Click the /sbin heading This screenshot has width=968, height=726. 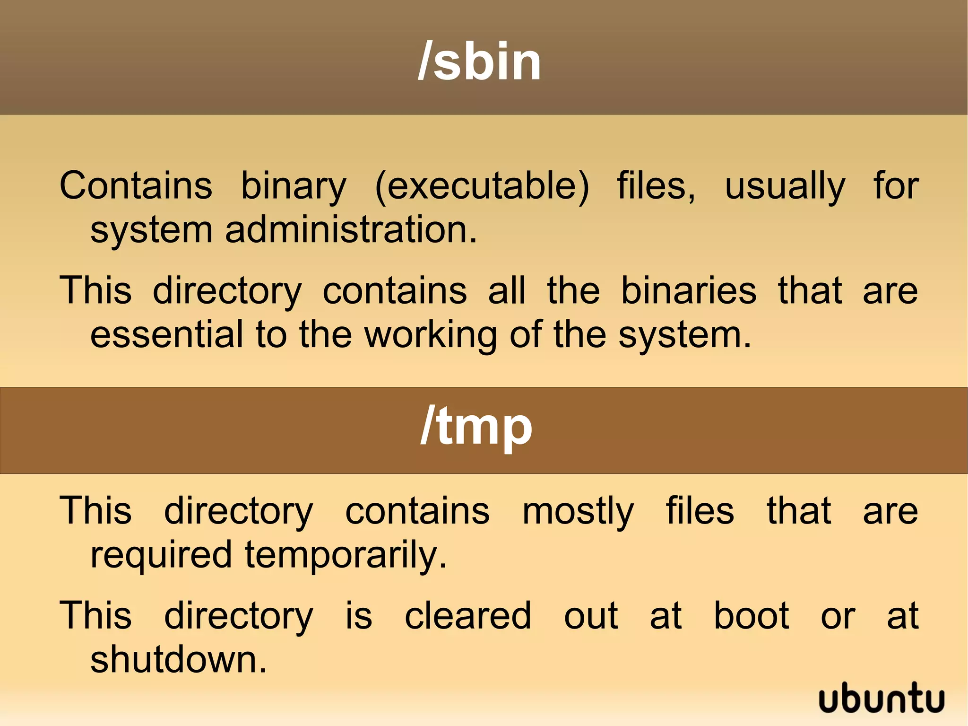coord(479,61)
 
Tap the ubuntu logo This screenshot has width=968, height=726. coord(881,698)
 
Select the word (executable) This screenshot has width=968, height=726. coord(482,185)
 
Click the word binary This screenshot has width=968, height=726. coord(294,186)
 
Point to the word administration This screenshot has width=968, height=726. coord(351,230)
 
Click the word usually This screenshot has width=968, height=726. coord(785,186)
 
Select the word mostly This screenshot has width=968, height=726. coord(578,512)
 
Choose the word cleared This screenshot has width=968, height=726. coord(468,615)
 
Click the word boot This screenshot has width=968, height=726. coord(751,615)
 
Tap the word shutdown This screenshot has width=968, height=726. coord(179,659)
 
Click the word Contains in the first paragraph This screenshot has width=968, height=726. coord(136,185)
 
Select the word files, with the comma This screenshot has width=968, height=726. coord(656,185)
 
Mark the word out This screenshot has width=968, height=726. coord(591,616)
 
